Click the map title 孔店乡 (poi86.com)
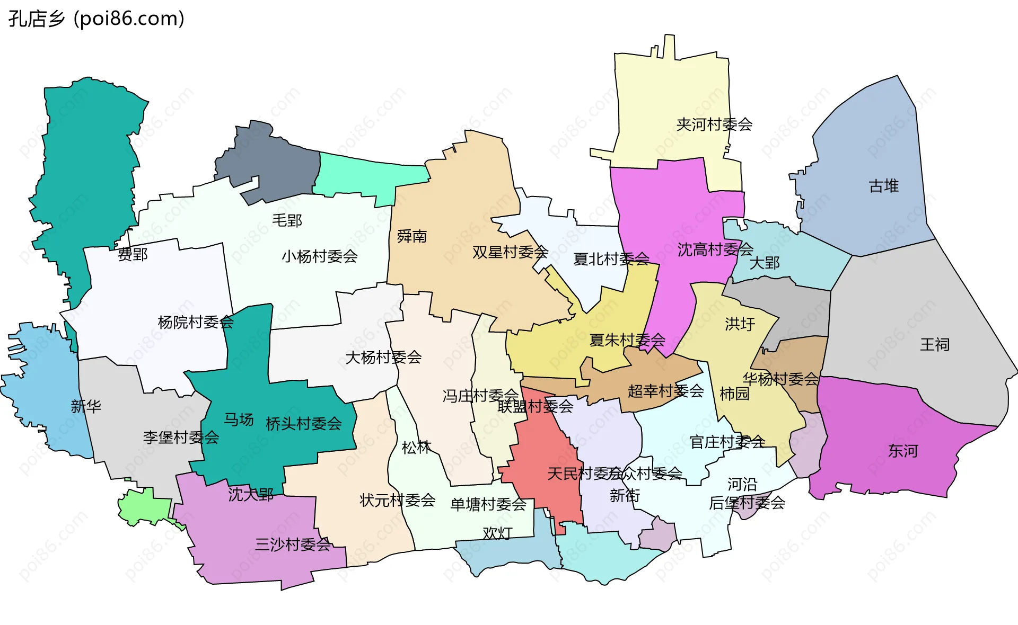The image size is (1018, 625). (x=96, y=19)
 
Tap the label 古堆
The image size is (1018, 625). (x=883, y=186)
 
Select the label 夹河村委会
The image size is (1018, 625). (x=714, y=124)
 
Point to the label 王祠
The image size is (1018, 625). (x=934, y=345)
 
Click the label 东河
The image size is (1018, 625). (x=902, y=451)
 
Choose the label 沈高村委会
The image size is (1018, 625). (x=715, y=249)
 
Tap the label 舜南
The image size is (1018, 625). (x=411, y=236)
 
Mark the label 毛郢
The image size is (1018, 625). (x=287, y=220)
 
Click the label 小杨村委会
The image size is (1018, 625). (x=319, y=256)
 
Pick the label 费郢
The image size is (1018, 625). (x=133, y=255)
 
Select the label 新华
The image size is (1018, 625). (x=86, y=406)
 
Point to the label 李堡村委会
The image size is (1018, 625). (x=181, y=437)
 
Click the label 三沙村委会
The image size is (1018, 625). (x=293, y=544)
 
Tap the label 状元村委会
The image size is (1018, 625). (x=397, y=500)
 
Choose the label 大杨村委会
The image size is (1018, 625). (x=383, y=358)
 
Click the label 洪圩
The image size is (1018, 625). (x=740, y=324)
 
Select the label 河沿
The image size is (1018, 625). (x=742, y=484)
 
